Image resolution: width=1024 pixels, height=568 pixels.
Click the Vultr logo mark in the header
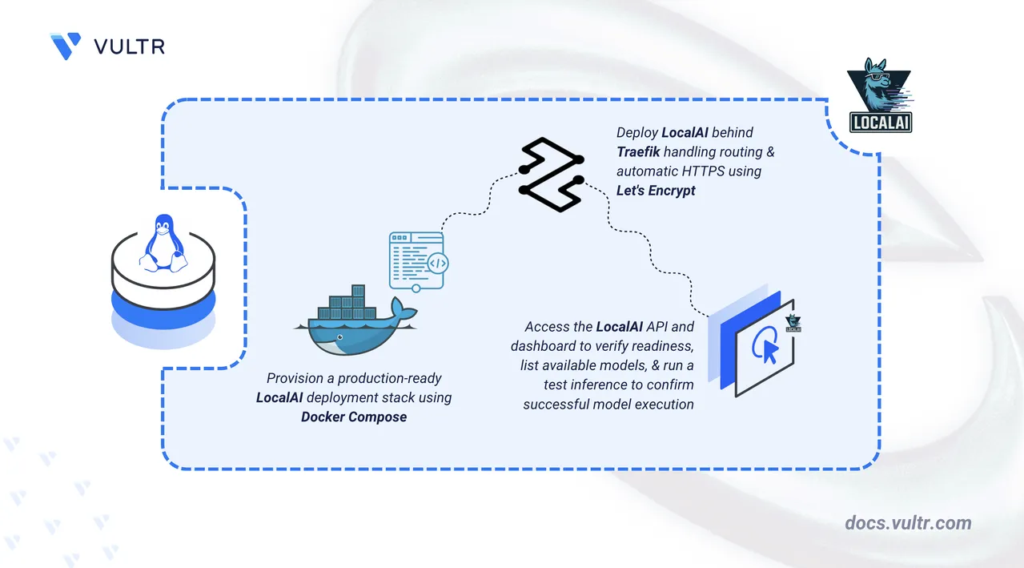click(x=65, y=46)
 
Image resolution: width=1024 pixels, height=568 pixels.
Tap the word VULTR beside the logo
click(x=129, y=46)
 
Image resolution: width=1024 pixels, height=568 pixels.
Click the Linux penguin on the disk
click(x=163, y=241)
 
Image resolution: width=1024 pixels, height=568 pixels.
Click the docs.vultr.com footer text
click(x=908, y=523)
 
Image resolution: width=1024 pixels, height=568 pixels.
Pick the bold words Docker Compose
click(x=354, y=417)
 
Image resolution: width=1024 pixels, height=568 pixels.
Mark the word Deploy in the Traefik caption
click(x=635, y=132)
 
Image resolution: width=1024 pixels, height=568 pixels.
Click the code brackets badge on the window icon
click(x=438, y=263)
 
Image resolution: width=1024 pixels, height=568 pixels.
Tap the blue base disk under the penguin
click(x=163, y=308)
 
